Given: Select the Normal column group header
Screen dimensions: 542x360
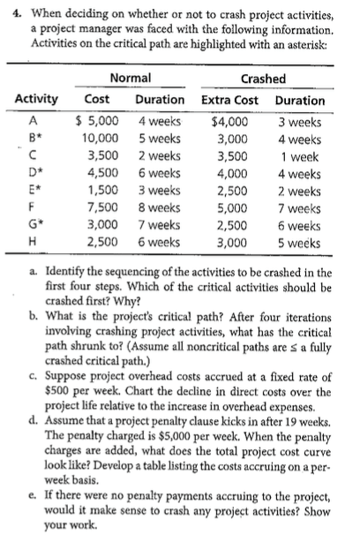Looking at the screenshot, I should [130, 79].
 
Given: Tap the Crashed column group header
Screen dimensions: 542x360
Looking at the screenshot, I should [262, 79].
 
